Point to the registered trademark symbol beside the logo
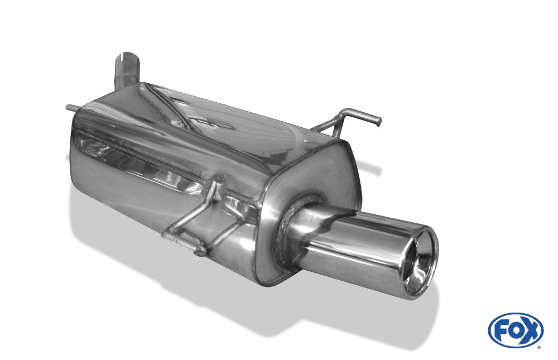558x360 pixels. click(539, 347)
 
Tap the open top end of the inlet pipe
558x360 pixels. click(126, 57)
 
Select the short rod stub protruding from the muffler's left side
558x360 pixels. click(70, 108)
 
